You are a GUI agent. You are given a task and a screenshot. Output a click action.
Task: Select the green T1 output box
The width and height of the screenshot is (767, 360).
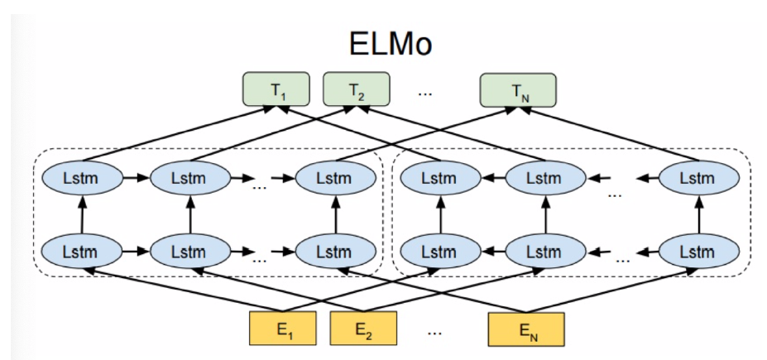point(275,90)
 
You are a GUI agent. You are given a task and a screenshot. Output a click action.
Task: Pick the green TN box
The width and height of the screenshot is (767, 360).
point(519,90)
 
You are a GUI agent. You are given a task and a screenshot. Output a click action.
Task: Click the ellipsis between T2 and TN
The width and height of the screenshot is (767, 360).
point(425,91)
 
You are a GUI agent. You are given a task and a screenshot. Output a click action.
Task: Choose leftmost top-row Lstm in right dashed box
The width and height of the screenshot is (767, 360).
point(439,177)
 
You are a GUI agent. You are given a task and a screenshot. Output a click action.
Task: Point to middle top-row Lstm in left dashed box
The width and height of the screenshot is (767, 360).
point(189,177)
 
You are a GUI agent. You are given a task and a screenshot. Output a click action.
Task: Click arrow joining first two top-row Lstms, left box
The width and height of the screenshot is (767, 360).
point(136,177)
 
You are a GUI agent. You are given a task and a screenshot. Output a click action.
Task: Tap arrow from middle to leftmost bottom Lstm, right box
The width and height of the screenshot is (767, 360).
point(491,249)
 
